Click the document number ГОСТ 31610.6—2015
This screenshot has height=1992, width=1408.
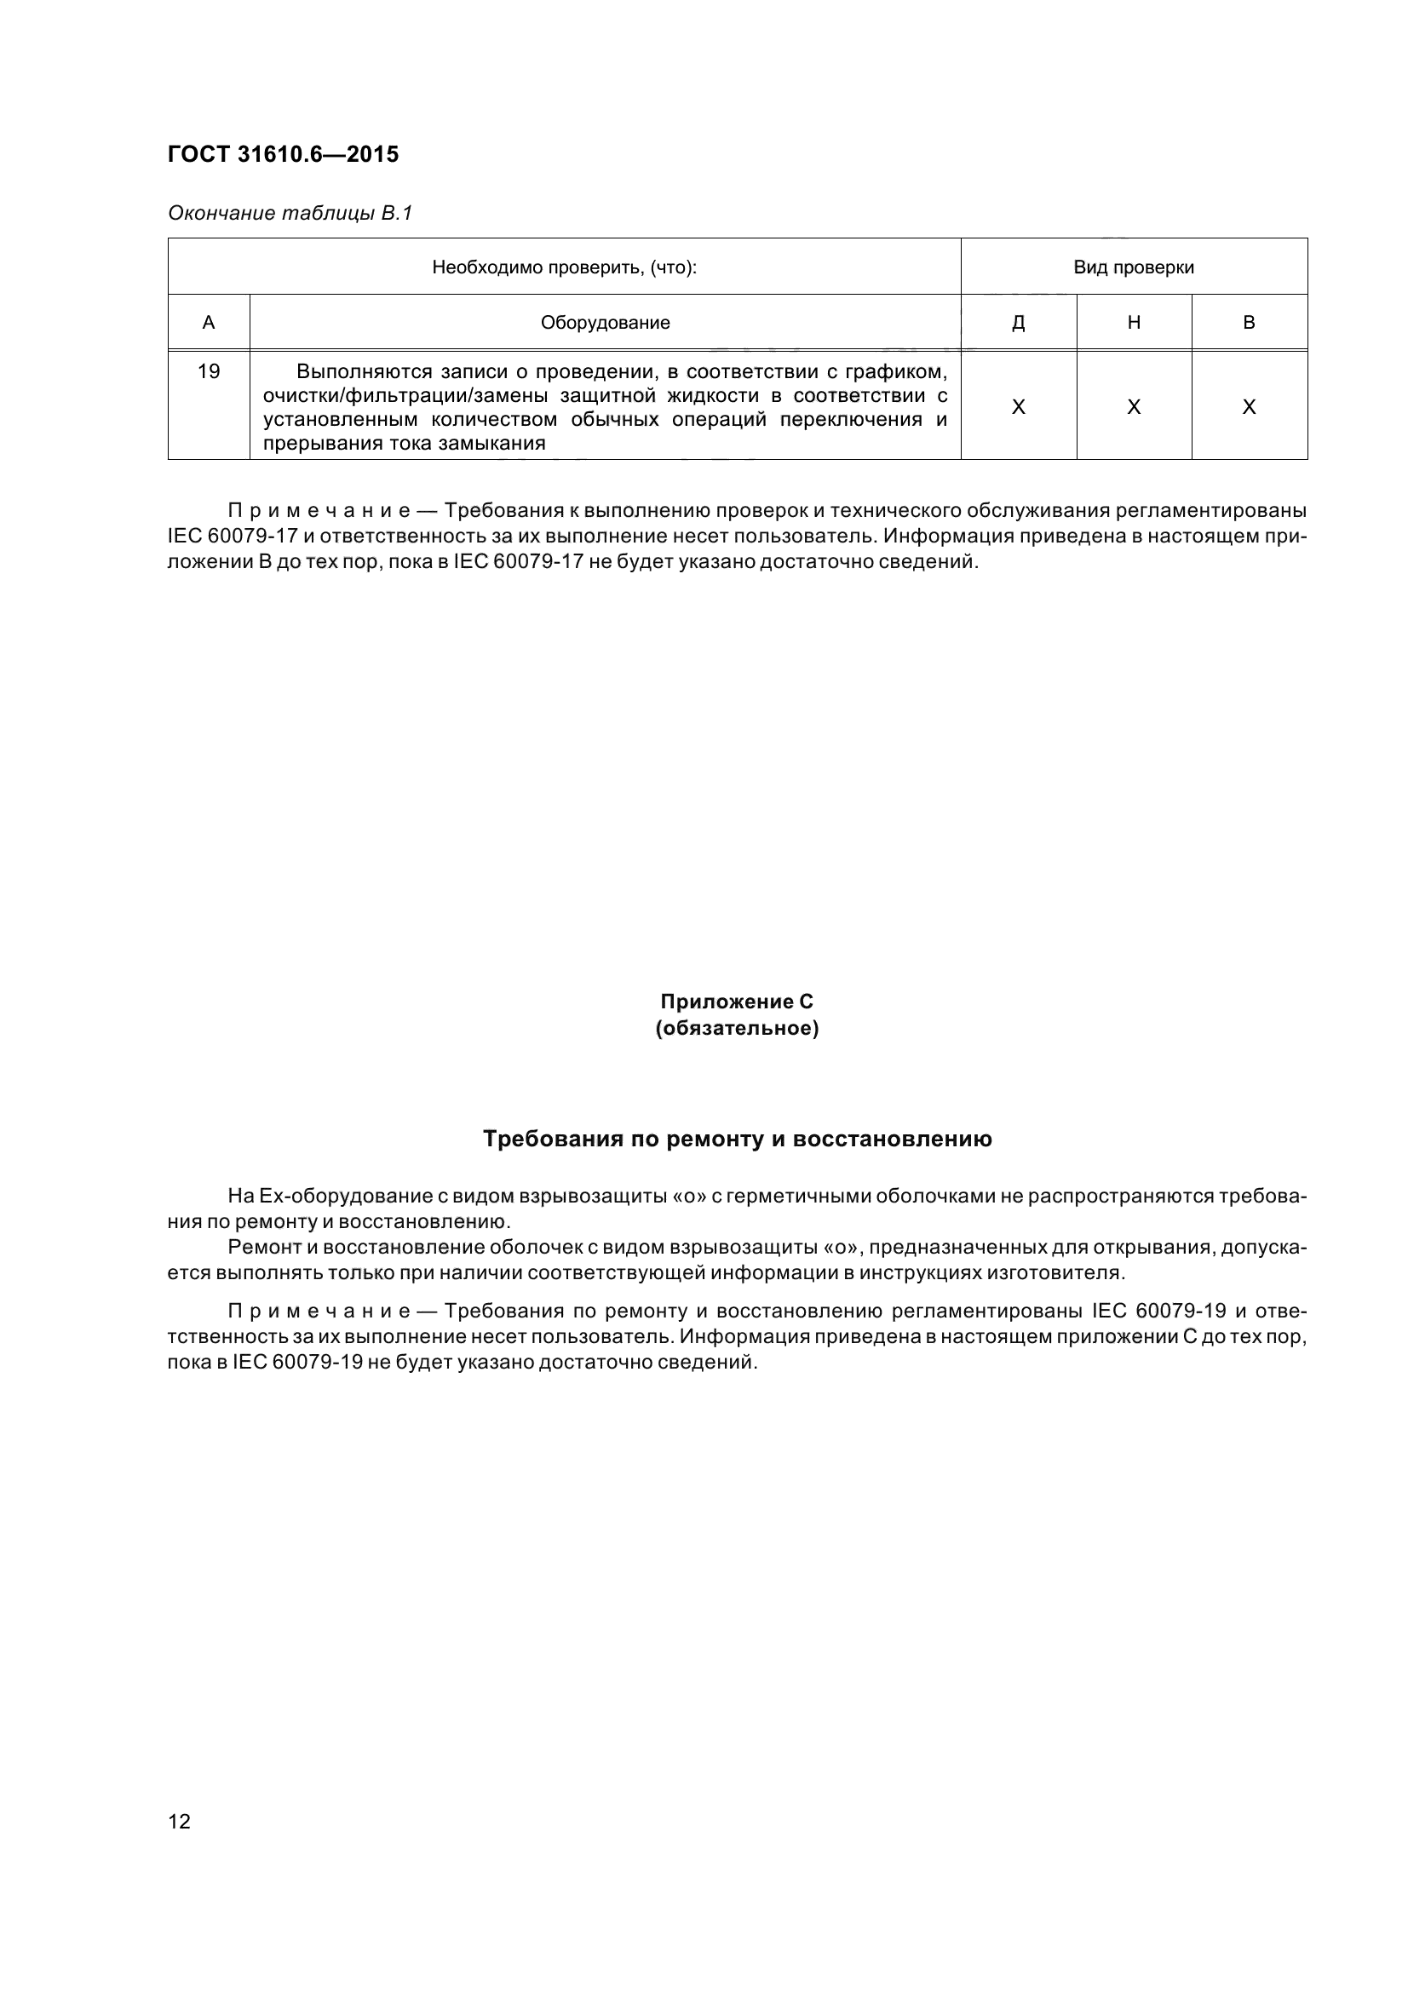[283, 154]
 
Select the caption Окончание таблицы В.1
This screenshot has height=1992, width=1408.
[290, 213]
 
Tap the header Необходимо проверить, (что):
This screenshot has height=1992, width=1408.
[564, 267]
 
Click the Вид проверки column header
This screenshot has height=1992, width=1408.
[1133, 267]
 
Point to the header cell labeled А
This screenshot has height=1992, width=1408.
[208, 323]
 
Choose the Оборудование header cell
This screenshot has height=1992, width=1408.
[605, 323]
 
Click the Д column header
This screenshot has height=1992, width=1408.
[1018, 323]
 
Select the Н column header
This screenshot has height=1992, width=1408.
[1133, 323]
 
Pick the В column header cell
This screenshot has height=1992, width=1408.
[1249, 323]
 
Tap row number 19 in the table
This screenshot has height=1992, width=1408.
[208, 371]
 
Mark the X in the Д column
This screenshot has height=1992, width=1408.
[1018, 407]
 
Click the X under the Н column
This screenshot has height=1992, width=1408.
[1133, 407]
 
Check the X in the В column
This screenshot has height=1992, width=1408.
[1249, 407]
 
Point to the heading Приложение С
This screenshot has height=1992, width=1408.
[737, 1002]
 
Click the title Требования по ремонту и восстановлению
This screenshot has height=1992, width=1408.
[737, 1139]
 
